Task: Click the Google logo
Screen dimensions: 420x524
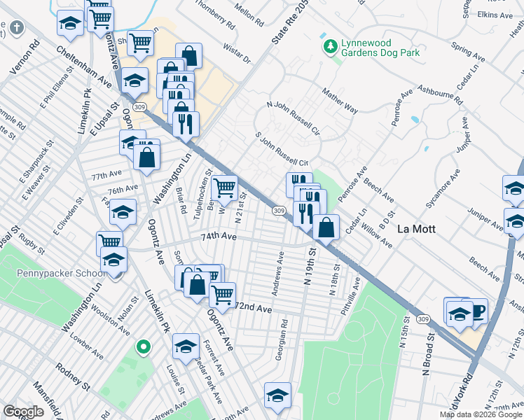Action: click(x=23, y=412)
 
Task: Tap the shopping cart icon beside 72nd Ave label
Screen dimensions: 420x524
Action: click(x=222, y=294)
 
